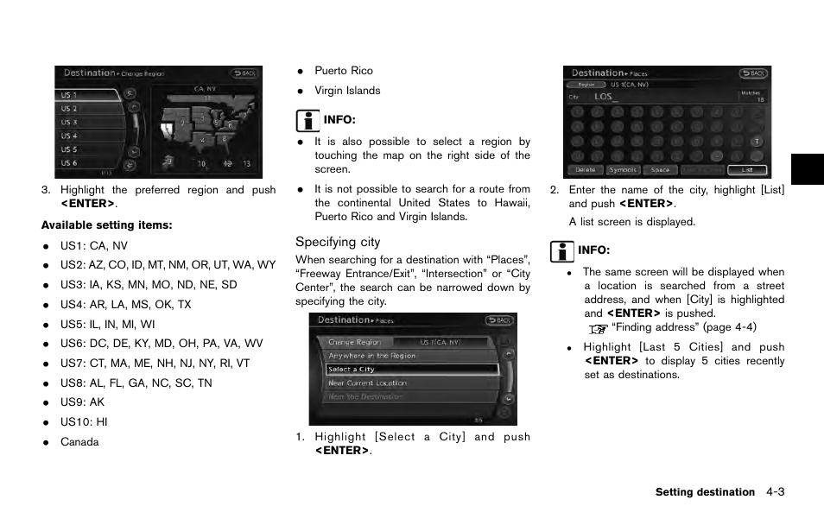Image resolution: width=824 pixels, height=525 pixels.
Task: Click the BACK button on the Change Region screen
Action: click(x=244, y=73)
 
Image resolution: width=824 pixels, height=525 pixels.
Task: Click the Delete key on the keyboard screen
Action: click(x=585, y=170)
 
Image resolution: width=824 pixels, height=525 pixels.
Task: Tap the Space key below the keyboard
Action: click(x=660, y=170)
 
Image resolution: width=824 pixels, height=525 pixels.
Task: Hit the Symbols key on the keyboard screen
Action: click(x=623, y=170)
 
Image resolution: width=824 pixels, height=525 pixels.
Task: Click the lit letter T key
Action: click(x=757, y=141)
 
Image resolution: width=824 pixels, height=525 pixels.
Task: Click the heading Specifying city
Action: click(x=338, y=243)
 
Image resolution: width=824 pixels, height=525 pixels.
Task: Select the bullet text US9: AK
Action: click(x=83, y=402)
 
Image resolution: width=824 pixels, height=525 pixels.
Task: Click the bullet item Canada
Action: click(x=79, y=442)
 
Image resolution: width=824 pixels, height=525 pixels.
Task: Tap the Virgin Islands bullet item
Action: click(x=347, y=91)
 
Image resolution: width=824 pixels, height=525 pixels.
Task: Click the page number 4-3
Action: click(x=774, y=492)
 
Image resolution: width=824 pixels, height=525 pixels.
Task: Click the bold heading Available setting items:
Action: click(x=106, y=225)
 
